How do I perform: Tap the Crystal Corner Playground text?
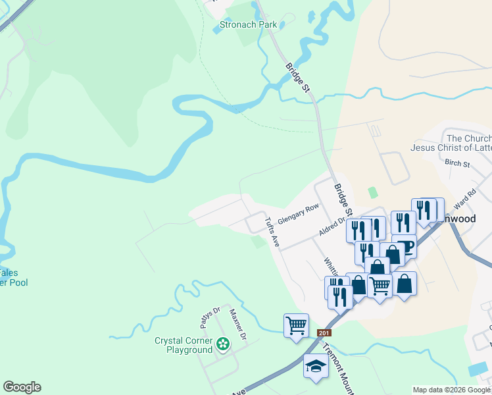pos(184,345)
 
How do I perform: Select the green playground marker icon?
pos(223,343)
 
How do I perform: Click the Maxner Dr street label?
pos(237,325)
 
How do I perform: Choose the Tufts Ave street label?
pos(272,232)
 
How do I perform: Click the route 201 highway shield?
pos(324,333)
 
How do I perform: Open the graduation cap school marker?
pos(316,366)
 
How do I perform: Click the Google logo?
pos(22,387)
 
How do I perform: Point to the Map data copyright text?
pos(451,390)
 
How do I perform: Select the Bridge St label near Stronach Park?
pos(297,77)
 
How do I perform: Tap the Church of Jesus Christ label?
pos(468,143)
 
